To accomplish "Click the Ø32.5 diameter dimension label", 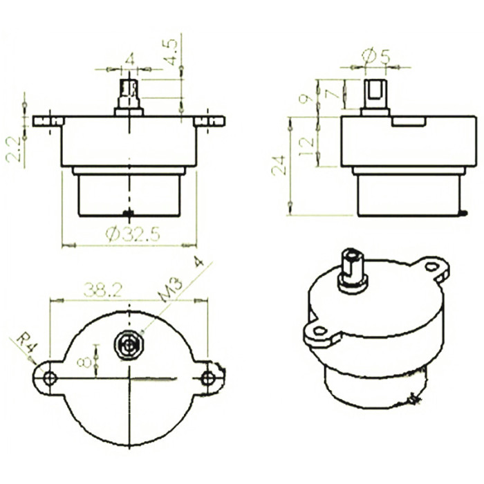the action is click(x=133, y=234).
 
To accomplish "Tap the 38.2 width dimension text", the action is click(x=103, y=290).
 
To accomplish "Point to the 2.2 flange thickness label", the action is click(x=13, y=149).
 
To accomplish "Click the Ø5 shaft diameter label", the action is click(x=375, y=57).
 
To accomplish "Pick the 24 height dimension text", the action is click(x=279, y=165).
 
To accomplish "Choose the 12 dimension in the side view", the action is click(x=307, y=147).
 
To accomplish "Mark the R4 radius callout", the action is click(x=26, y=343).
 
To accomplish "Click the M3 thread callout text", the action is click(x=171, y=289).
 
